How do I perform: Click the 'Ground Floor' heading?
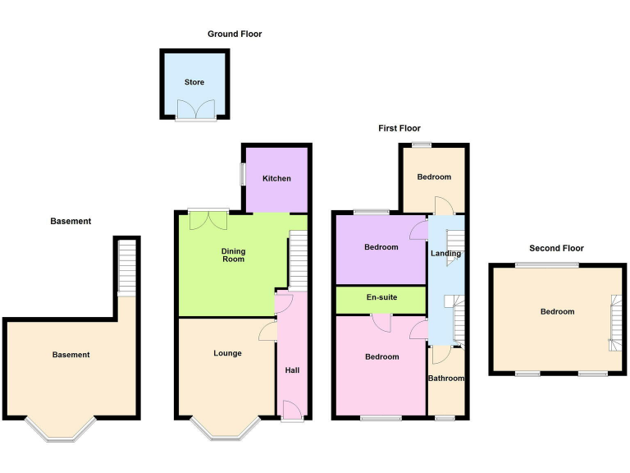[x=235, y=34]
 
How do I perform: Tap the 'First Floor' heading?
[x=399, y=128]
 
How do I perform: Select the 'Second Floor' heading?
[x=556, y=248]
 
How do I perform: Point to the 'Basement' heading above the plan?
[x=71, y=221]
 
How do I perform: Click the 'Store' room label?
[x=194, y=82]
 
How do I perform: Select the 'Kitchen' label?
[x=276, y=178]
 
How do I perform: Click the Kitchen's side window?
[x=242, y=174]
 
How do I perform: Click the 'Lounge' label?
[x=227, y=353]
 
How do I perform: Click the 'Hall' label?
[x=292, y=370]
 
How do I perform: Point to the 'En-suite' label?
[x=381, y=296]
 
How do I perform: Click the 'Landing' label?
[x=445, y=254]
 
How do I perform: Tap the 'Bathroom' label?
[x=447, y=379]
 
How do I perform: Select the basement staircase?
[x=127, y=267]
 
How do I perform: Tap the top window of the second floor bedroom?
[x=547, y=264]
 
